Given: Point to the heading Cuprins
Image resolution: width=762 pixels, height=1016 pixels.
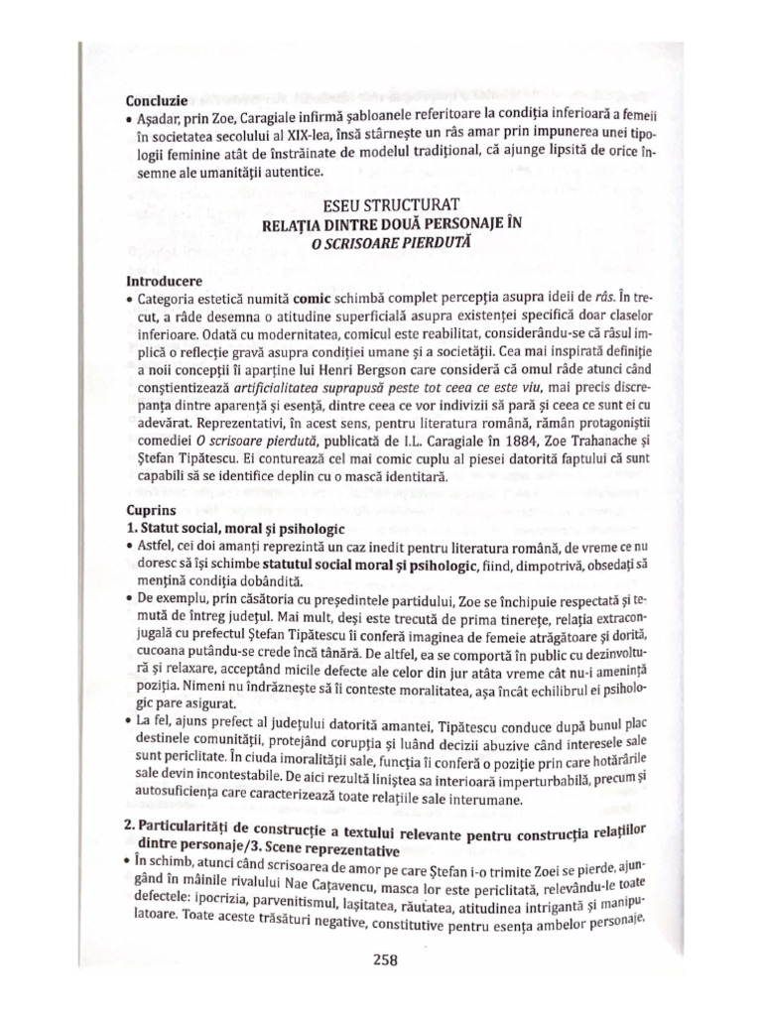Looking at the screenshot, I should tap(152, 509).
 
